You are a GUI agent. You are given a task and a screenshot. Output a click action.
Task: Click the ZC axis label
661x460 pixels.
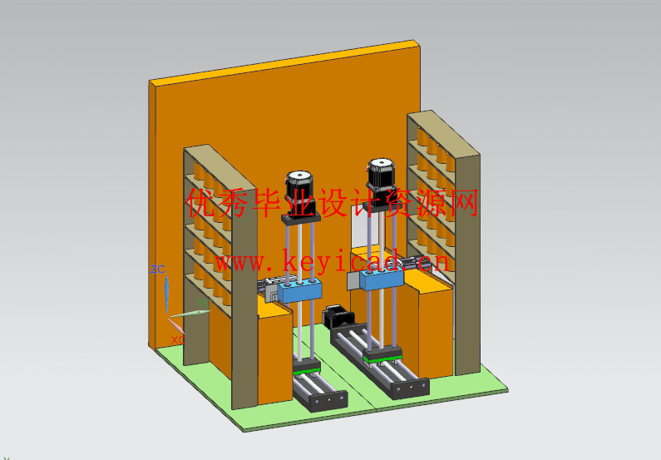coord(158,269)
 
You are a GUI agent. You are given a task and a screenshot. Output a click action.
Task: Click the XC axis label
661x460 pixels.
coord(178,339)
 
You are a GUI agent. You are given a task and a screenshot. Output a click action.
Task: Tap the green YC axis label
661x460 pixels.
coord(204,303)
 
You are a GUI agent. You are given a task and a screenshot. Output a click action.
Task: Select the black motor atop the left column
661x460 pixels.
coord(299,193)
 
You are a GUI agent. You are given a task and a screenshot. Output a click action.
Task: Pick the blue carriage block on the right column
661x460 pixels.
coord(381,279)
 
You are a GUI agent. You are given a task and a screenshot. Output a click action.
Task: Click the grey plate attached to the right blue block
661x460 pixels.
coord(353,281)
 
